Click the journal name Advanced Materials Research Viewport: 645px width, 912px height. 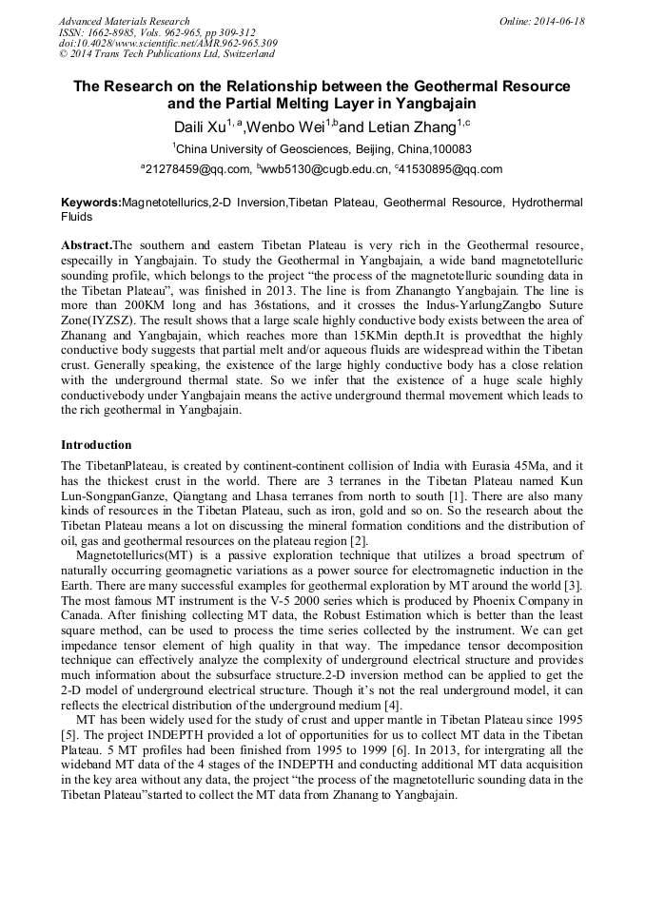[x=124, y=21]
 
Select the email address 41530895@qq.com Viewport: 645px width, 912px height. [x=456, y=170]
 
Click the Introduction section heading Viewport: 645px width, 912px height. [x=96, y=445]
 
